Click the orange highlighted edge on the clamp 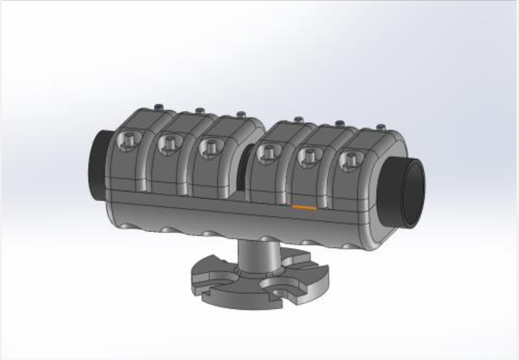[x=304, y=206]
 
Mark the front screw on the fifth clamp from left [x=309, y=156]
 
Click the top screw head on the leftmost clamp [x=158, y=106]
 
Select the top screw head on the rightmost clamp [x=381, y=127]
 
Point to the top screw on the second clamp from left [x=200, y=110]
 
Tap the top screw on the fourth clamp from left [x=298, y=119]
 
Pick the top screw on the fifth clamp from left [x=339, y=123]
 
